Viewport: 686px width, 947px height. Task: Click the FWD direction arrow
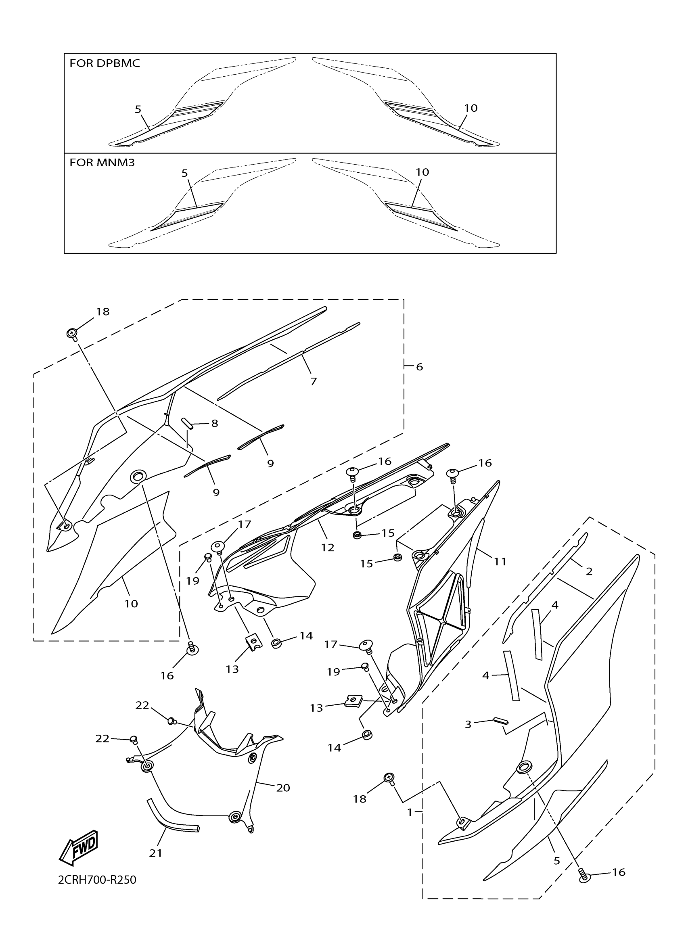tap(79, 848)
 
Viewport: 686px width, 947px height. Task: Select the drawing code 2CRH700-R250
tap(97, 880)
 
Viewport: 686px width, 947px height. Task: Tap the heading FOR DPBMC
tap(105, 63)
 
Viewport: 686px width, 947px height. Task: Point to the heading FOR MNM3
tap(102, 163)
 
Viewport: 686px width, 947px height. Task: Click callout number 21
tap(156, 853)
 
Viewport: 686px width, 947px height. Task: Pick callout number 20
tap(283, 788)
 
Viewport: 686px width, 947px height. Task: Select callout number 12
tap(328, 548)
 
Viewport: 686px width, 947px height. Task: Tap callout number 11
tap(500, 562)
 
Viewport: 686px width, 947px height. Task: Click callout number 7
tap(314, 381)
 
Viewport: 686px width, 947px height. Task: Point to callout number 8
tap(215, 423)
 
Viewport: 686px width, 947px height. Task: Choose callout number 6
tap(419, 367)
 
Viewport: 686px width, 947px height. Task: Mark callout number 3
tap(468, 724)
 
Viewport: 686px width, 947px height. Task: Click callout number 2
tap(589, 571)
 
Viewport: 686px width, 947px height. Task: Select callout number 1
tap(410, 812)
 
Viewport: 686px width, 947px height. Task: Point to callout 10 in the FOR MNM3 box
tap(422, 172)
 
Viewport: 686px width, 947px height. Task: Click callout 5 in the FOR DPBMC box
tap(138, 109)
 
